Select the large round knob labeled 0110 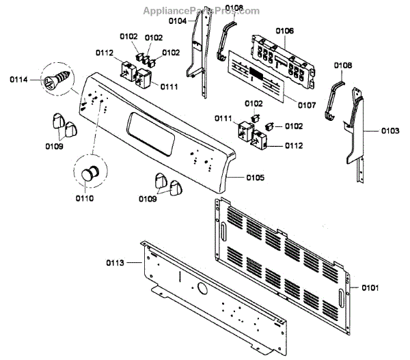tap(89, 172)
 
